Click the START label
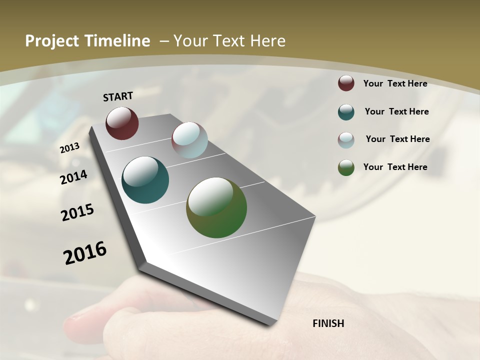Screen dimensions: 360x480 (118, 96)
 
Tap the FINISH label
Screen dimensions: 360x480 (328, 323)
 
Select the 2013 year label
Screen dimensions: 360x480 (70, 148)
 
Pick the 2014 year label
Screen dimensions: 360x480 (74, 177)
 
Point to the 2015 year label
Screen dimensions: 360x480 (77, 212)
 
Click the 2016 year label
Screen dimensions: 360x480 (85, 253)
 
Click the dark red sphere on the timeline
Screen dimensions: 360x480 (122, 123)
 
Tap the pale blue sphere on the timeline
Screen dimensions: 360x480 (189, 140)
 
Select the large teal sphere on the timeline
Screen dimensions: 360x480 (145, 180)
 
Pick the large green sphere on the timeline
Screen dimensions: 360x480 (216, 207)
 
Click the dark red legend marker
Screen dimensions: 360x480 (346, 83)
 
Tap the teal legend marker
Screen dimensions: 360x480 (346, 112)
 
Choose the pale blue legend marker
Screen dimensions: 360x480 (346, 140)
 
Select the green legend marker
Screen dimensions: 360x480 (346, 167)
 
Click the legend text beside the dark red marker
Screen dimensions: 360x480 (395, 83)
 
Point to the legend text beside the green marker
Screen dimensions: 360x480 (395, 167)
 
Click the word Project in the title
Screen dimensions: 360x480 (52, 41)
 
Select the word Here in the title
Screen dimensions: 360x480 (267, 41)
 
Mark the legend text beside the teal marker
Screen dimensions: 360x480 (396, 111)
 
